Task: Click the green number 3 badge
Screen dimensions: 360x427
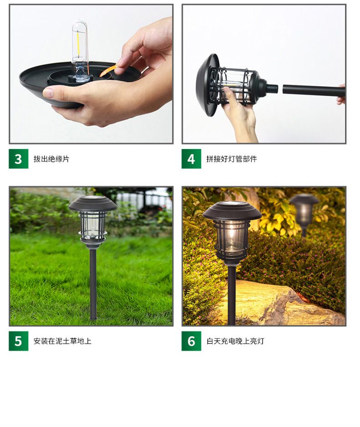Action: (19, 159)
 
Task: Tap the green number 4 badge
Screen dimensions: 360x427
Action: (191, 159)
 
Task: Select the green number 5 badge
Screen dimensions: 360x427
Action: (19, 341)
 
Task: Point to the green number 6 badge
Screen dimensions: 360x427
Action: (191, 341)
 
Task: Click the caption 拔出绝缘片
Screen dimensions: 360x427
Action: (51, 159)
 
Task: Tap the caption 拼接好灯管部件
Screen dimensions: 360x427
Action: (231, 159)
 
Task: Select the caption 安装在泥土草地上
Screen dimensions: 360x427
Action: (62, 341)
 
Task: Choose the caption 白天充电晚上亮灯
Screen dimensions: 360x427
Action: (235, 341)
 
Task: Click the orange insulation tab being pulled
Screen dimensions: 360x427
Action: (108, 70)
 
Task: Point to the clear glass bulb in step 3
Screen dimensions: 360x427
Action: (80, 51)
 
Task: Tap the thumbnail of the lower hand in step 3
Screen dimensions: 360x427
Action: (48, 93)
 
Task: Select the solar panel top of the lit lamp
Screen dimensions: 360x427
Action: (232, 204)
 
